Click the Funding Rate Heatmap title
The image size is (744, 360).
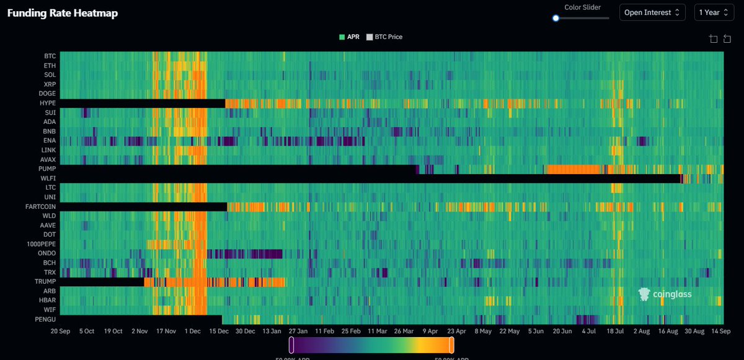[62, 13]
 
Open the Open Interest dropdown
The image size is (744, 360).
[652, 12]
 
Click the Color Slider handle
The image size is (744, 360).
[556, 18]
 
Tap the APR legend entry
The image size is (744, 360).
[349, 37]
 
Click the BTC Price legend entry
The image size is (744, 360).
[384, 37]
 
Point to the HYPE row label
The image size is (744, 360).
[47, 103]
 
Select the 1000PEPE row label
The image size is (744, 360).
[41, 244]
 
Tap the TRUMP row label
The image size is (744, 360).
[45, 282]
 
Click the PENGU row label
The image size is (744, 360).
[45, 319]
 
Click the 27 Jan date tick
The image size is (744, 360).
[298, 331]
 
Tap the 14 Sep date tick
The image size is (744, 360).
[711, 331]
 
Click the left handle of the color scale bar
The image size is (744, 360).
[291, 345]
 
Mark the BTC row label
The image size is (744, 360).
[50, 56]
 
